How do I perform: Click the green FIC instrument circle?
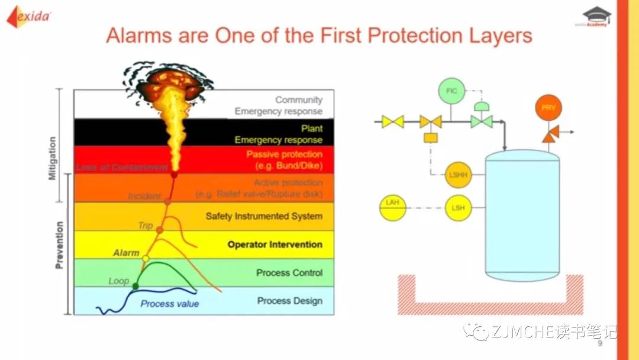pos(452,92)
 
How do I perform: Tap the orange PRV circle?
pos(548,108)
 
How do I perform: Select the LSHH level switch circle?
pos(458,174)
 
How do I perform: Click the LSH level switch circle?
pos(458,208)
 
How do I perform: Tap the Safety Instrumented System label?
pos(264,216)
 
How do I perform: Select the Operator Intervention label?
pos(275,245)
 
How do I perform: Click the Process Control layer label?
pos(289,273)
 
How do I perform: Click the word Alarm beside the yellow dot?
pos(126,253)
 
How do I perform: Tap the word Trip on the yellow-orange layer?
pos(145,225)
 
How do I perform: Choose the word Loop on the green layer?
pos(118,281)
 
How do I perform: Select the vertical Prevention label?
pos(59,245)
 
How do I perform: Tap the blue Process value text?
pos(169,304)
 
